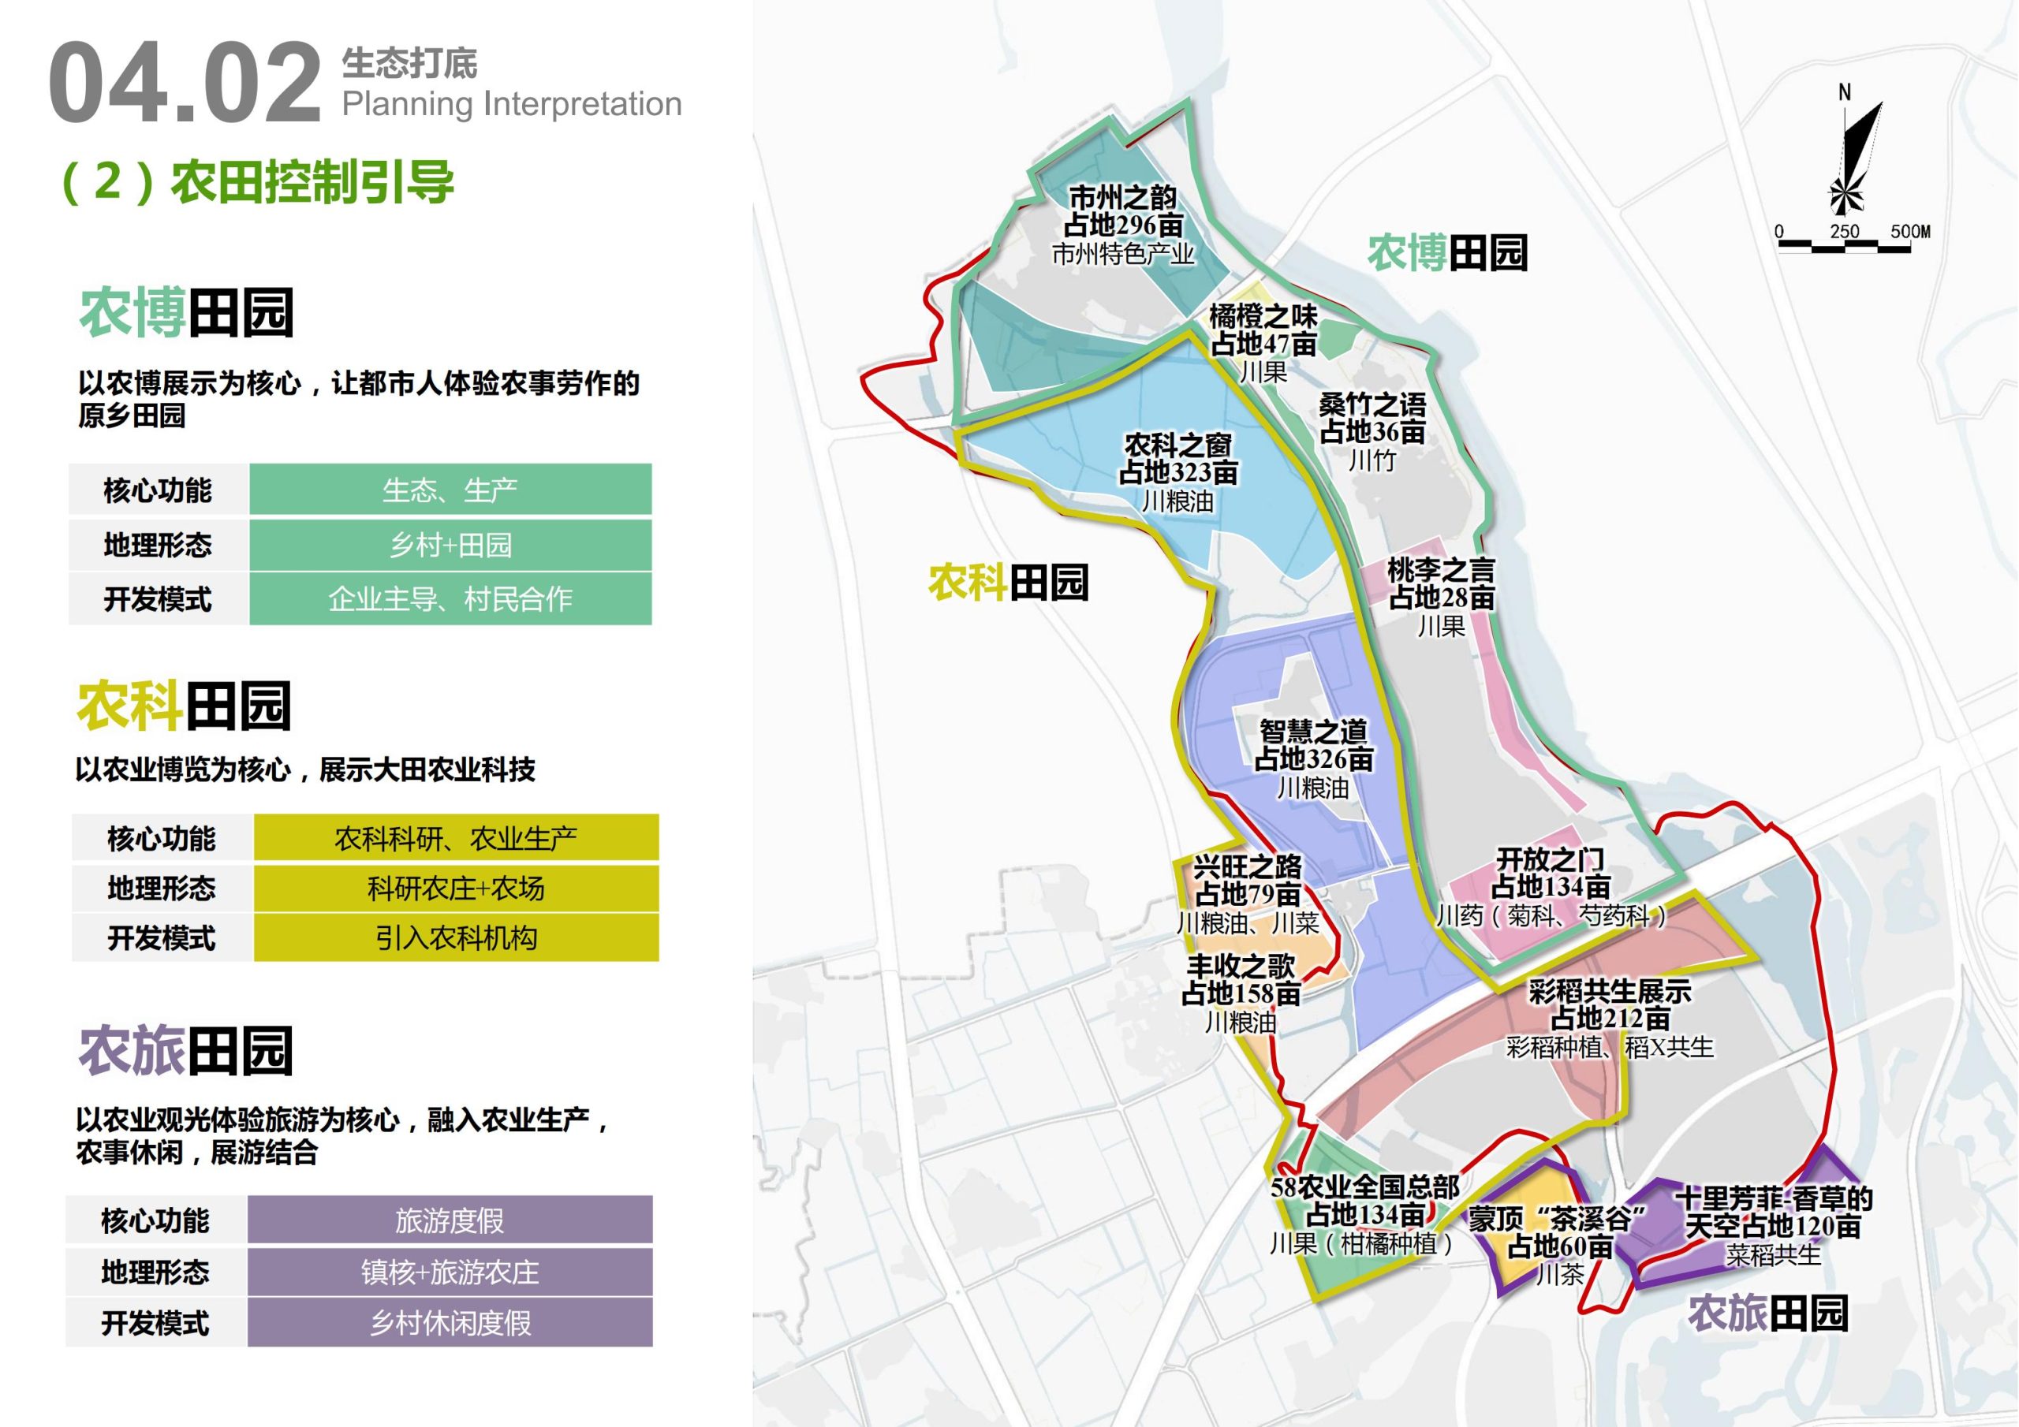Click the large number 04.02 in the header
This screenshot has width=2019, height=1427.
[185, 84]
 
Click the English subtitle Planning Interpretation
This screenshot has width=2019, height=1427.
[512, 104]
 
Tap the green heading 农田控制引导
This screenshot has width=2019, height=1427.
[312, 182]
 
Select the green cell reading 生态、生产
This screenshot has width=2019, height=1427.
[450, 490]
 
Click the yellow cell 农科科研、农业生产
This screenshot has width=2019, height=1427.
[456, 839]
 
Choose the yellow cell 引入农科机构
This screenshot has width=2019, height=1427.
[456, 938]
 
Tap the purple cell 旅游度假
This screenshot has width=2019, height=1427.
[450, 1220]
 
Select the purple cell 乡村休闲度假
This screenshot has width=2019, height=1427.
[450, 1322]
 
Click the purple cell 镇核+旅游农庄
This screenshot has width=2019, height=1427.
[450, 1272]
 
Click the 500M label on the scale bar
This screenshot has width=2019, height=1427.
[1910, 231]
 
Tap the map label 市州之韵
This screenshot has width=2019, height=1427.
[1122, 198]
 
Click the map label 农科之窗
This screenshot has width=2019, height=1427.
[1177, 445]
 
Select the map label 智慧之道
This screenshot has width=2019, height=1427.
[1313, 731]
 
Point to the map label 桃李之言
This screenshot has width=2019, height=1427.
[1440, 570]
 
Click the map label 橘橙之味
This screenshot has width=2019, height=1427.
[1263, 315]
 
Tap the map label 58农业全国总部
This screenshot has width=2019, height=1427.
[1364, 1188]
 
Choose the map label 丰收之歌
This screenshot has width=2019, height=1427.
[1241, 967]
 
